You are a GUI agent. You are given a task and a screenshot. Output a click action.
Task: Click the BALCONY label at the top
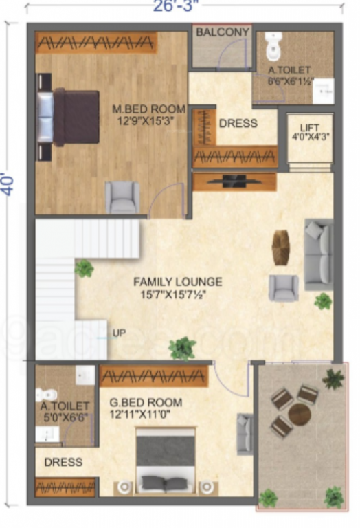222,32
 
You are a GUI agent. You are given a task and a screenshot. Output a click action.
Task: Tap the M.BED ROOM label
149,109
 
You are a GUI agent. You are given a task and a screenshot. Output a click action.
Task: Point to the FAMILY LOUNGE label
177,282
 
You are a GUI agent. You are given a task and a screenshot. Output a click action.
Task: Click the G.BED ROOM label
146,403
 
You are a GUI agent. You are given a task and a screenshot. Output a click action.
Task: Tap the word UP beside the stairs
119,333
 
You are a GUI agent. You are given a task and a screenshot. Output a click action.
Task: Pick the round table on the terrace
300,414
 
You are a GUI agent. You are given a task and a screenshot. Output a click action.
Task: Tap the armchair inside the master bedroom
122,197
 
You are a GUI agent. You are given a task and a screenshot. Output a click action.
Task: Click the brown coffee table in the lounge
281,247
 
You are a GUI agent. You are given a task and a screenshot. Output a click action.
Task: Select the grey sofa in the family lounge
318,254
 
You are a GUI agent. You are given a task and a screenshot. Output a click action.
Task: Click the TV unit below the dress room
234,181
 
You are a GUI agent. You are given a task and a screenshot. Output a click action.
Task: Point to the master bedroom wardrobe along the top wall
96,43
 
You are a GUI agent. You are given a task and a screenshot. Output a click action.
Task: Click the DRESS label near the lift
238,124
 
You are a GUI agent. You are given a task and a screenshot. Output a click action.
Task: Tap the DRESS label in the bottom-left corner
63,463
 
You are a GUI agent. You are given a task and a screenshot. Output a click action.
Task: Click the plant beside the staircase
84,268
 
